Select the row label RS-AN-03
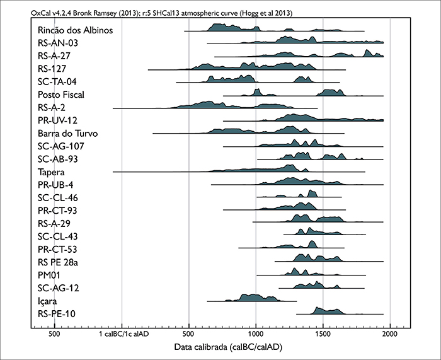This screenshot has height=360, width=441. tap(57, 43)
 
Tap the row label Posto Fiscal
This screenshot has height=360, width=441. tap(60, 95)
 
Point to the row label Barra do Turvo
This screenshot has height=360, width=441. tap(67, 133)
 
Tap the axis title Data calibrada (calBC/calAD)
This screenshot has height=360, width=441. tap(220, 348)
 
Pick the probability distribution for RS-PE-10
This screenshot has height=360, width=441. tap(328, 310)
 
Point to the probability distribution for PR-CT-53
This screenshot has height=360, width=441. tap(296, 246)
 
